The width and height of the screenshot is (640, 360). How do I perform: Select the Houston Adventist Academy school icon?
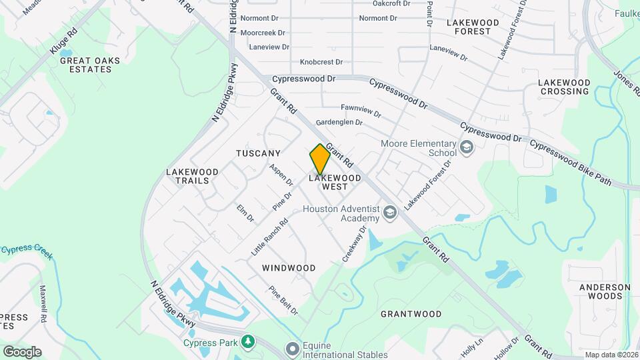[x=390, y=213]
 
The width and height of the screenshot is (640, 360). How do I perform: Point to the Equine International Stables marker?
[x=291, y=349]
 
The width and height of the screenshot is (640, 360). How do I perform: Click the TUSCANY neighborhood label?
[x=258, y=153]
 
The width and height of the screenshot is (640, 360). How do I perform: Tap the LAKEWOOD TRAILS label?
[x=187, y=176]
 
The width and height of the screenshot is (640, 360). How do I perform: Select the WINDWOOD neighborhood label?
[x=289, y=268]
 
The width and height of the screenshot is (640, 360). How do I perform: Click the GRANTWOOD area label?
[x=411, y=313]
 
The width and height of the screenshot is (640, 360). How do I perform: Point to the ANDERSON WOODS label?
[x=605, y=291]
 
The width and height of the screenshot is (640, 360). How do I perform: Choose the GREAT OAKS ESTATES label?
[x=90, y=65]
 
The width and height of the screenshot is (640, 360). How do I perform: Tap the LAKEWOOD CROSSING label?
[x=565, y=87]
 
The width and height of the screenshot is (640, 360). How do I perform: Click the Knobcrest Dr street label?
[x=321, y=62]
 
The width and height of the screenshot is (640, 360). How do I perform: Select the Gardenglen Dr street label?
[x=339, y=123]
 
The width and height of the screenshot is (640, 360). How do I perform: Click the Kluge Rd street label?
[x=63, y=41]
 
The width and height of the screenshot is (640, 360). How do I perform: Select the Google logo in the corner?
[x=22, y=352]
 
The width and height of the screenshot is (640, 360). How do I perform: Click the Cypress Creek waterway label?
[x=27, y=251]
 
